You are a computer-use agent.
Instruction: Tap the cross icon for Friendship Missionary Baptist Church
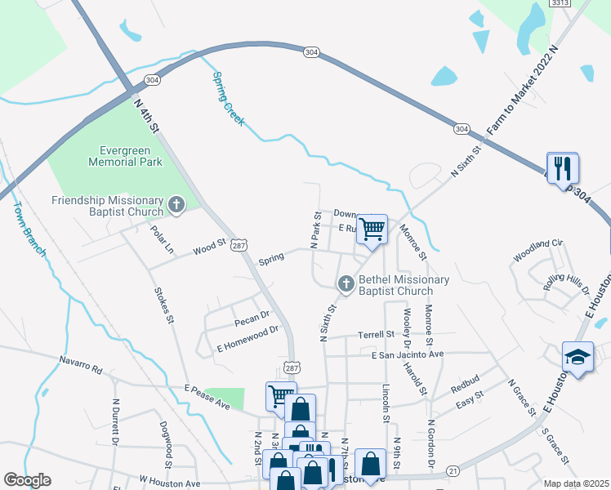pos(176,205)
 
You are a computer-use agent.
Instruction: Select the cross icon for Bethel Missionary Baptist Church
pos(346,284)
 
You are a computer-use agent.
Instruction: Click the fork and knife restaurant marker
pos(563,168)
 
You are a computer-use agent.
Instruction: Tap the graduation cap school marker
pos(578,357)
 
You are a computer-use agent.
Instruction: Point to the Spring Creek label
pos(228,99)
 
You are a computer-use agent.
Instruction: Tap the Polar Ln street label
pos(163,236)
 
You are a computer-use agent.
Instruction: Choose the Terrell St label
pos(375,335)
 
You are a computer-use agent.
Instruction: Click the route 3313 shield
pos(560,3)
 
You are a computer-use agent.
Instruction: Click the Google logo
pos(27,480)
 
